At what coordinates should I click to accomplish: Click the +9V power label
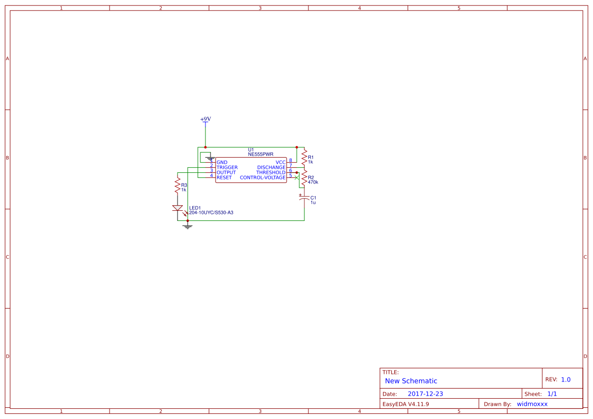[x=205, y=119]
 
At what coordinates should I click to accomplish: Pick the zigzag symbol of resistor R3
[x=177, y=185]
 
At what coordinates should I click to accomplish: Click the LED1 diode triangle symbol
[x=177, y=208]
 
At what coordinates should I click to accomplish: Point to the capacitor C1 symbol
[x=304, y=198]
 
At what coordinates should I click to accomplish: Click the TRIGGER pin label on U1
[x=227, y=168]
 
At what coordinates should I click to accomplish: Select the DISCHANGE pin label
[x=271, y=168]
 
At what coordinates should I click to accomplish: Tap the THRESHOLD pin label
[x=270, y=173]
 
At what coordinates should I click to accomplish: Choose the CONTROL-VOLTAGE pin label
[x=263, y=178]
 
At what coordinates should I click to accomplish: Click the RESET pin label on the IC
[x=224, y=178]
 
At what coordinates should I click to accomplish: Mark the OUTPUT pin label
[x=226, y=173]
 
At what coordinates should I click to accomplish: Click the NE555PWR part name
[x=261, y=154]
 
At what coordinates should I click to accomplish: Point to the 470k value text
[x=313, y=182]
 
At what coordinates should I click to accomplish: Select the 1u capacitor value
[x=313, y=202]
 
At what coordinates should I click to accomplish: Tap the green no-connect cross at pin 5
[x=296, y=177]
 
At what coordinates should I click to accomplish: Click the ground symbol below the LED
[x=188, y=226]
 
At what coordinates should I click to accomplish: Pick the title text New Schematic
[x=411, y=381]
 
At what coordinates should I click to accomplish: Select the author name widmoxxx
[x=532, y=404]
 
